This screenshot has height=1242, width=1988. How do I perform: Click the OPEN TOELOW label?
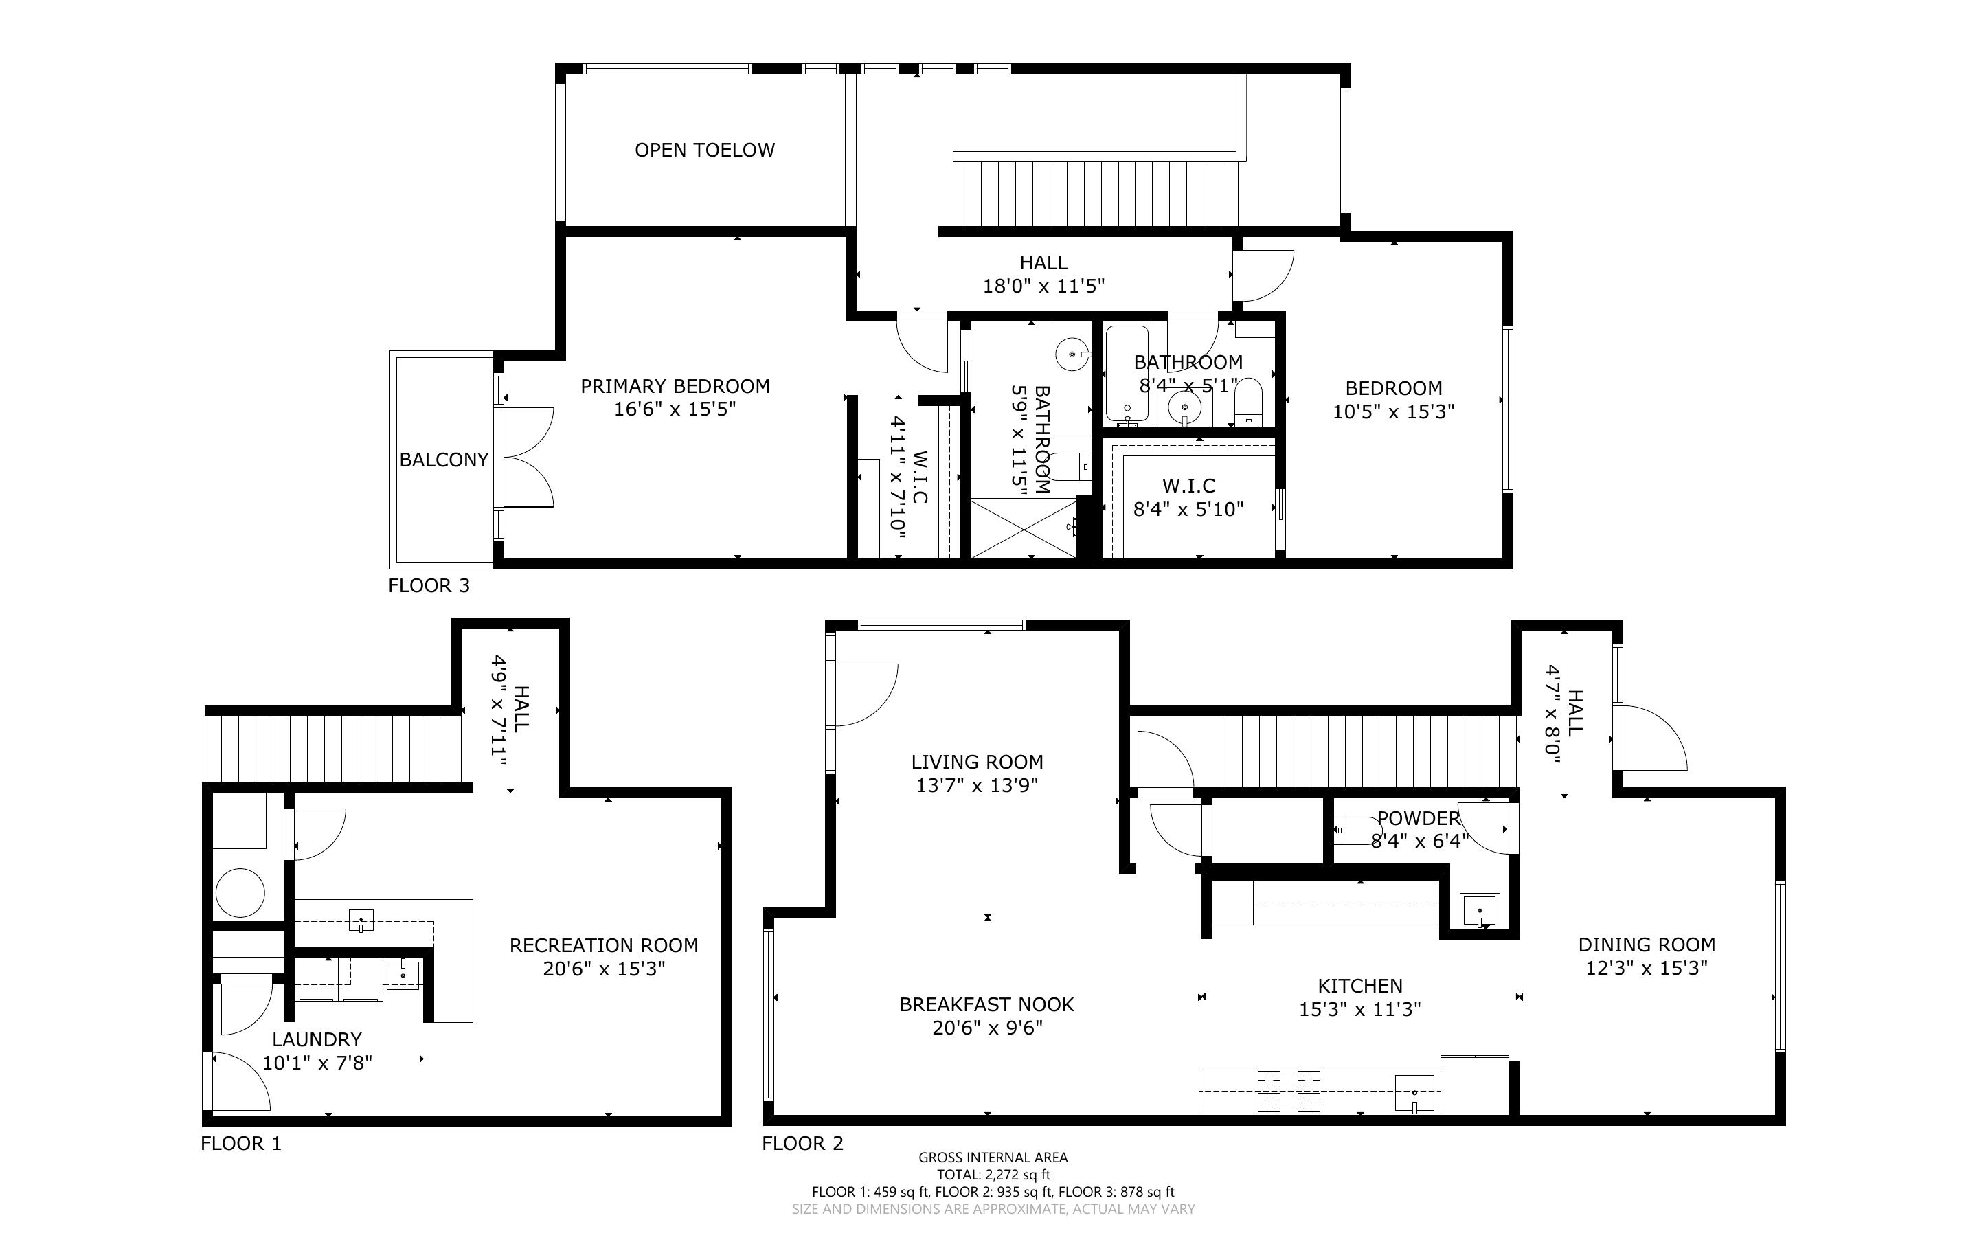pos(705,150)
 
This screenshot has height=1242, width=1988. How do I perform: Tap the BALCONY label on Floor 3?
pos(444,460)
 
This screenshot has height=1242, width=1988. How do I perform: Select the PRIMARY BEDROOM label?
pos(675,386)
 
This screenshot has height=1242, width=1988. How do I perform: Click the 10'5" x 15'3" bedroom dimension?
pos(1394,411)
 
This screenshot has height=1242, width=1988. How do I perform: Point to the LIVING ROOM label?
pos(977,761)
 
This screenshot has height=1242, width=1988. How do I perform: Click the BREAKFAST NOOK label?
pos(987,1004)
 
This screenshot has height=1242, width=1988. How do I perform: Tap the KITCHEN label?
pos(1360,986)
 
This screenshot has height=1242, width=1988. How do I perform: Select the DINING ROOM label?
pos(1647,945)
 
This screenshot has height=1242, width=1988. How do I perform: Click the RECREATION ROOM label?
pos(604,945)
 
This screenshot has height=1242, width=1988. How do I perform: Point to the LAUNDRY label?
pos(317,1039)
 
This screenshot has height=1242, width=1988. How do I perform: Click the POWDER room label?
pos(1419,818)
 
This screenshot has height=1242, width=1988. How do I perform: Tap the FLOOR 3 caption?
pos(429,586)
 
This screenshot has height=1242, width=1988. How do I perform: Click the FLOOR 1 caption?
pos(240,1144)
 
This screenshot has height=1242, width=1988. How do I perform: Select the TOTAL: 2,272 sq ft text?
pos(993,1175)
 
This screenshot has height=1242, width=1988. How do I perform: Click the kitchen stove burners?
pos(1287,1090)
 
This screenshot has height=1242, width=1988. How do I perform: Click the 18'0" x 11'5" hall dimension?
pos(1043,286)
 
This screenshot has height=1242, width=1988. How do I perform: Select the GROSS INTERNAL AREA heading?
pos(993,1158)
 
